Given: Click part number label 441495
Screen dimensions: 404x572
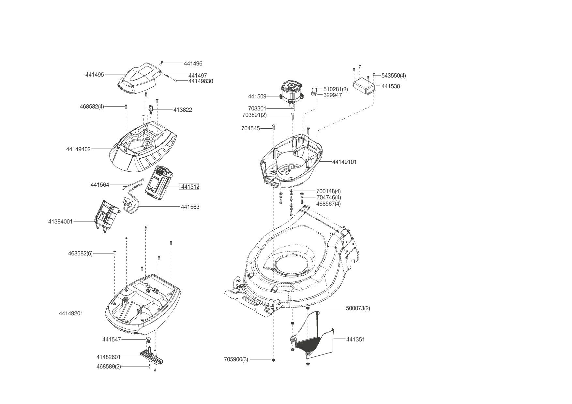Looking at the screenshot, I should click(x=95, y=75).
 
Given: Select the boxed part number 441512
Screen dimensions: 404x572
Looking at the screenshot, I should click(x=190, y=187).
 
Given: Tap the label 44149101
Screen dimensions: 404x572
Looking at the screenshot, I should click(x=344, y=162).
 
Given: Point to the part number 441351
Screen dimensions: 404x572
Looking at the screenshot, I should click(x=355, y=339).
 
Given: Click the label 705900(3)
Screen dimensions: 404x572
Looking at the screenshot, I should click(x=236, y=360).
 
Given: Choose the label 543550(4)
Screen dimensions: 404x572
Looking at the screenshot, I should click(x=394, y=76).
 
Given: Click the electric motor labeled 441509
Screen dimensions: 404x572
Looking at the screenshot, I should click(x=291, y=92).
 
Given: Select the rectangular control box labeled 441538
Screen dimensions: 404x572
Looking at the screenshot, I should click(x=364, y=86).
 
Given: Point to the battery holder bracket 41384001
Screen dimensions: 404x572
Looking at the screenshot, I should click(x=106, y=215).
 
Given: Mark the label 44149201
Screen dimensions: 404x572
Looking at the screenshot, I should click(x=71, y=313).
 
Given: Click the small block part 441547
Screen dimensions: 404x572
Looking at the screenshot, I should click(x=149, y=339).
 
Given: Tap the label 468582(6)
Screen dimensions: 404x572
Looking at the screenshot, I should click(x=80, y=253).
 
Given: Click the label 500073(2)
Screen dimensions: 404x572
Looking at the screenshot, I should click(x=358, y=308).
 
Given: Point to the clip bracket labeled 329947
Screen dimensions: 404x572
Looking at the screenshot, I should click(x=314, y=94).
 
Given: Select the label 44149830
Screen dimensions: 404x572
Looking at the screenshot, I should click(x=201, y=81).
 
